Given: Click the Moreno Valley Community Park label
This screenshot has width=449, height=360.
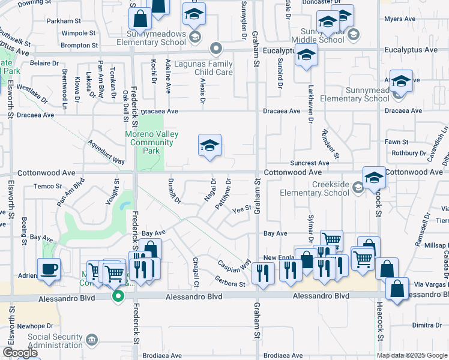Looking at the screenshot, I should click(151, 143).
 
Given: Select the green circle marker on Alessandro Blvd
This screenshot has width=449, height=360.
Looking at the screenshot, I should click(118, 295).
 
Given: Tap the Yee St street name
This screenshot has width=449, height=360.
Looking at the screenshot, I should click(241, 209).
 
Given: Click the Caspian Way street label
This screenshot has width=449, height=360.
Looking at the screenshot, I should click(234, 264).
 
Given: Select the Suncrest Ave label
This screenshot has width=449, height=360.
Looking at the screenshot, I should click(310, 163).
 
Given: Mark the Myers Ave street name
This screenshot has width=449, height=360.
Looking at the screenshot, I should click(400, 19).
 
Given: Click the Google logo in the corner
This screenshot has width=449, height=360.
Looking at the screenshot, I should click(20, 353).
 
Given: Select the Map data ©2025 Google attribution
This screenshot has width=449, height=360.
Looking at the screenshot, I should click(412, 355).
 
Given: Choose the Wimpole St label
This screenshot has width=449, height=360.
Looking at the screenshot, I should click(80, 33).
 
